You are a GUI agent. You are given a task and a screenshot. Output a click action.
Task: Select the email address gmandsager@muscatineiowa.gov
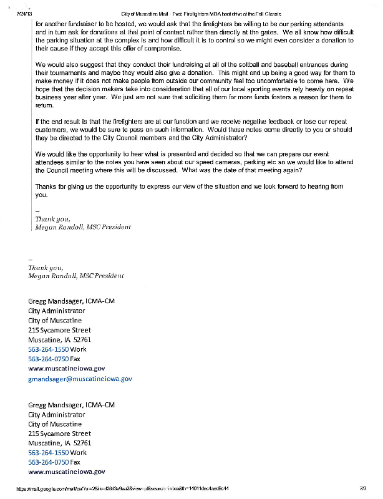80,379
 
